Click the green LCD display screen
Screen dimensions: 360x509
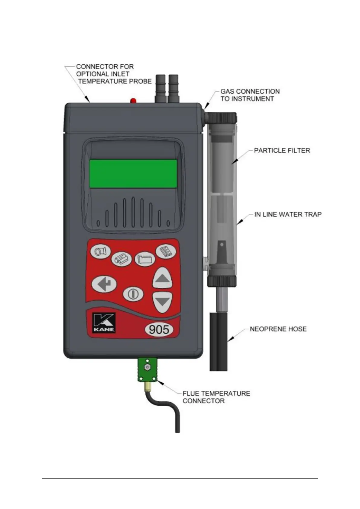[133, 173]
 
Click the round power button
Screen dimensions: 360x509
[132, 293]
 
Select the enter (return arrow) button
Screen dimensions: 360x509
[104, 284]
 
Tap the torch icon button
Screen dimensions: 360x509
[100, 251]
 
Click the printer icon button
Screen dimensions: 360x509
[121, 259]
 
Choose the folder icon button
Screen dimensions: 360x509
[144, 259]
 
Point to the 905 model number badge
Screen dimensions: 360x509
[159, 329]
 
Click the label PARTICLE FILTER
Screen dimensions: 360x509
[282, 150]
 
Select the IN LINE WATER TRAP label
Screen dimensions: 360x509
[287, 215]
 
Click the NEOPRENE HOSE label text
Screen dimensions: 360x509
[278, 329]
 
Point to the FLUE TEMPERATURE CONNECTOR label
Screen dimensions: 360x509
[216, 397]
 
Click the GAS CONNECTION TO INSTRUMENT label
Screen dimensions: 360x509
[250, 95]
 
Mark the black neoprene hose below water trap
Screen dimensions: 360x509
[218, 342]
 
